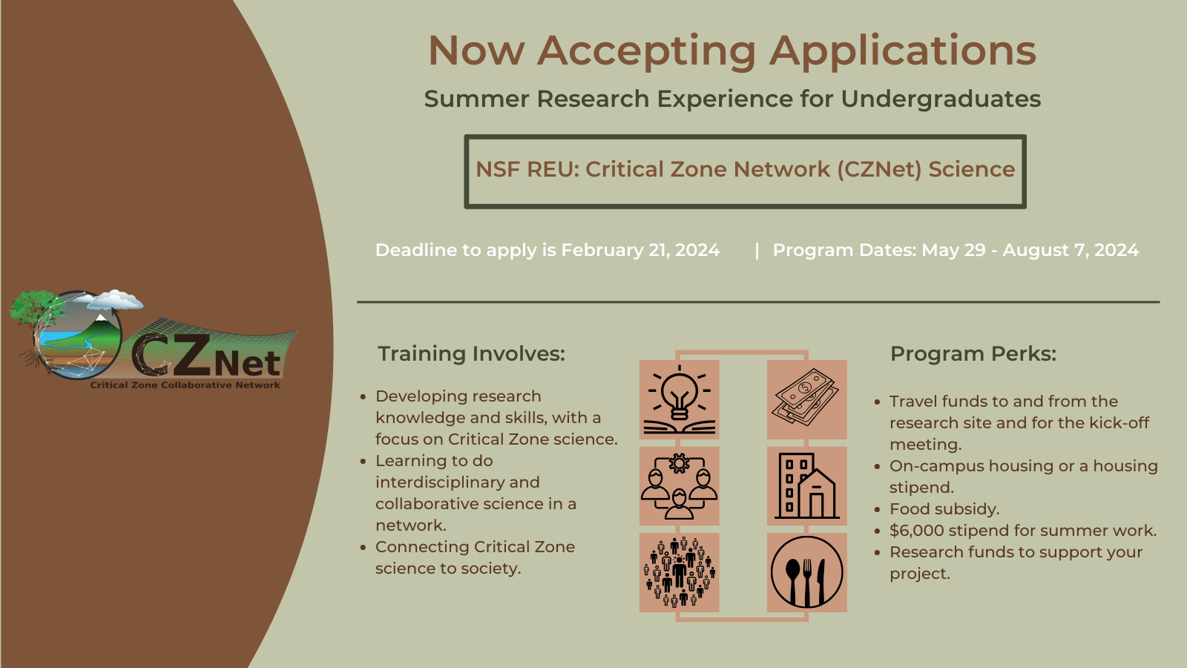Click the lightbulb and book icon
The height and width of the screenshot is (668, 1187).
point(679,400)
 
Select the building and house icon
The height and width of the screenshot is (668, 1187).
point(806,486)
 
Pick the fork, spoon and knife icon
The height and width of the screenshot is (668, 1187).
point(806,572)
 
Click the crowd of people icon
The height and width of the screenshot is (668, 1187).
point(679,572)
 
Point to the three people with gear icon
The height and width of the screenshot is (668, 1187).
point(679,486)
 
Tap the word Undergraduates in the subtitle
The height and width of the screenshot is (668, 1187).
point(941,99)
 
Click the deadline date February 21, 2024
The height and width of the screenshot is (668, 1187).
point(640,250)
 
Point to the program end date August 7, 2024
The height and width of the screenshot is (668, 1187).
point(1071,250)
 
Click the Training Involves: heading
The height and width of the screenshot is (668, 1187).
point(472,353)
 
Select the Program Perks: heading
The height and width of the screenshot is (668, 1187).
point(973,353)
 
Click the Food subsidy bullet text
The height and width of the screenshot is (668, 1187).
point(944,509)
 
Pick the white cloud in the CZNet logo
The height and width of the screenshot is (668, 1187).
point(115,300)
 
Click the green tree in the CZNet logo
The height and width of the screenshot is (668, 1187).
point(34,310)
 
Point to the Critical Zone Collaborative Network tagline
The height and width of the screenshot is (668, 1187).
point(185,385)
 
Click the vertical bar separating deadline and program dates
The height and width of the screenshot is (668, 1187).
point(757,251)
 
